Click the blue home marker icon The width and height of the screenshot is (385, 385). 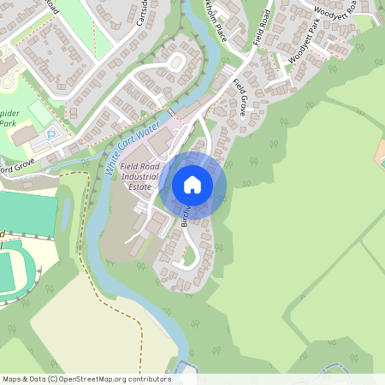click(192, 185)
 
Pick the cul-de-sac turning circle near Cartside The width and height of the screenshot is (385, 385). click(177, 61)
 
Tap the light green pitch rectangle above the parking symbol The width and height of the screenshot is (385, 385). click(40, 113)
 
